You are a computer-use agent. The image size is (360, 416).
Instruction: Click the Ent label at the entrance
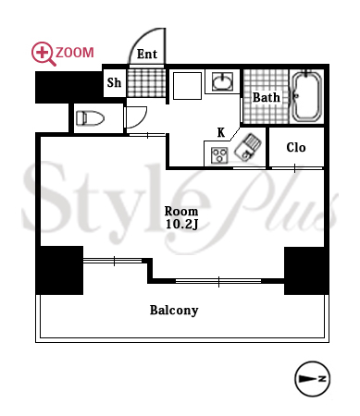tap(147, 54)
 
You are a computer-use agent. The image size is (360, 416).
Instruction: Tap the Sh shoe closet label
tap(114, 82)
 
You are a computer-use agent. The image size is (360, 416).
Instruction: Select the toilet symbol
tap(90, 118)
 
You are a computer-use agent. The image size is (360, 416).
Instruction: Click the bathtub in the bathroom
tap(307, 96)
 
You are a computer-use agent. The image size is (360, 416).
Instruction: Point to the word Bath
tap(267, 97)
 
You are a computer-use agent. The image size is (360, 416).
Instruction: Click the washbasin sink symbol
tap(222, 81)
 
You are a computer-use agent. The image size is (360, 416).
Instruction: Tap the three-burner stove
tap(219, 155)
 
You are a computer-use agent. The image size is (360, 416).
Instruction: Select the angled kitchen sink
tap(248, 147)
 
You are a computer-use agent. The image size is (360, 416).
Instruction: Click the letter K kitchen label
tap(221, 132)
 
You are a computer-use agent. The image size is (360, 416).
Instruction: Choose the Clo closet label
tap(296, 147)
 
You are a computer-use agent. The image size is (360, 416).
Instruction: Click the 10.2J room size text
tap(181, 225)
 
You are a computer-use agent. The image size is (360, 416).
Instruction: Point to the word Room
tap(181, 212)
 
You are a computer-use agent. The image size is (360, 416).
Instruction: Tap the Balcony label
tap(174, 311)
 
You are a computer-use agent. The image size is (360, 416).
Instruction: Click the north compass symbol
tap(313, 379)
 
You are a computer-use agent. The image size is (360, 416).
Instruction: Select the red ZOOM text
tap(75, 53)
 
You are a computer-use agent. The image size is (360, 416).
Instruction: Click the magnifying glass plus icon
tap(43, 54)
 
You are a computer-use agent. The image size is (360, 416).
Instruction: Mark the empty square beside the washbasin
tap(187, 86)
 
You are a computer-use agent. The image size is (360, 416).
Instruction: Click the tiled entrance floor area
tap(146, 83)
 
